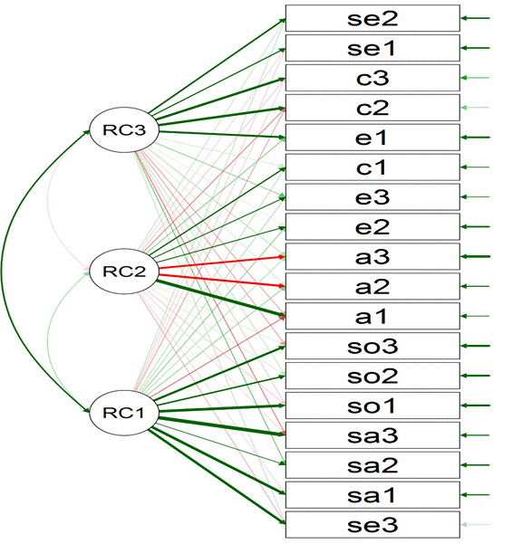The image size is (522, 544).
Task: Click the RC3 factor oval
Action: [124, 129]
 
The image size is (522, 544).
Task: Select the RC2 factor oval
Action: [124, 272]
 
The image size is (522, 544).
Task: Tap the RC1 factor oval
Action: [124, 413]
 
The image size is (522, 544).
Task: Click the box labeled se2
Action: [372, 18]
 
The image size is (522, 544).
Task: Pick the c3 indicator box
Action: [372, 78]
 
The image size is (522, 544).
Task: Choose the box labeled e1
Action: [372, 138]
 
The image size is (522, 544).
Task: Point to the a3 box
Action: [372, 257]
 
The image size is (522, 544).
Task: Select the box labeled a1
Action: [372, 317]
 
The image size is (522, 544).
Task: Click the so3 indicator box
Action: [372, 347]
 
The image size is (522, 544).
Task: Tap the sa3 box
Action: [372, 435]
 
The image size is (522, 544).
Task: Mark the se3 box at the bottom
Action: [372, 525]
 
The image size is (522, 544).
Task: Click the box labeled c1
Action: [372, 167]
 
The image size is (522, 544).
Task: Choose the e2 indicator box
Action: [372, 227]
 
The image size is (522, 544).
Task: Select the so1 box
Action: [372, 406]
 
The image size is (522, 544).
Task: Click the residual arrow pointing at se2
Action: [475, 18]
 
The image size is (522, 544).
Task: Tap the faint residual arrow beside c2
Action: [475, 108]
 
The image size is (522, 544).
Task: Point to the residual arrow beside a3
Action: [475, 257]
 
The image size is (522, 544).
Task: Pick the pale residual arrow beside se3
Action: [475, 525]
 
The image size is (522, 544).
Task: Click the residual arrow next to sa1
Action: [475, 495]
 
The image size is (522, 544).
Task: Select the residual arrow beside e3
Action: [475, 197]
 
